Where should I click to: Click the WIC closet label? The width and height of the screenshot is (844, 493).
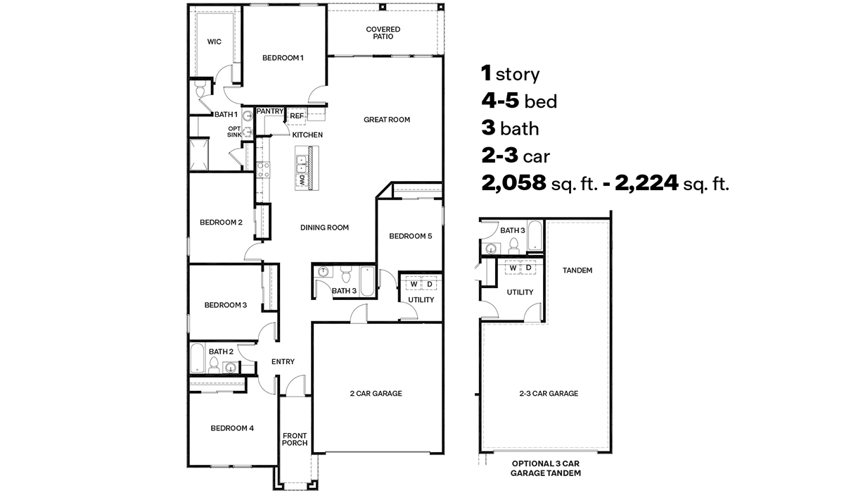click(214, 42)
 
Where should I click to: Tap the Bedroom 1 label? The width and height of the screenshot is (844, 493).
click(283, 58)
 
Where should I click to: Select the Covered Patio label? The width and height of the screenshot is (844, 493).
click(383, 33)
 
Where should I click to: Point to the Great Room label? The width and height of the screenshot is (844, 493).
click(386, 120)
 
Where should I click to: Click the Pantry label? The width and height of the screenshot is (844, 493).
click(269, 111)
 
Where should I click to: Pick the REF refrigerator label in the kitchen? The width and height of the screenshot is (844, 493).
click(297, 116)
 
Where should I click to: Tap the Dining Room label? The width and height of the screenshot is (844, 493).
click(324, 227)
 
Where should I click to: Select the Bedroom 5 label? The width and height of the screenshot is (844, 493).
click(410, 237)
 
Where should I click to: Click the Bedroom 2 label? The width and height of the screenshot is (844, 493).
click(221, 223)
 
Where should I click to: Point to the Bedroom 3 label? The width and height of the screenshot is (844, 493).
click(225, 305)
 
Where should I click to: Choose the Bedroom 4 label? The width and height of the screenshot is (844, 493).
click(231, 428)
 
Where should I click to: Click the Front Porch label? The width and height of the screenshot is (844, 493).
click(295, 439)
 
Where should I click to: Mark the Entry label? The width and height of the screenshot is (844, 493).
click(283, 362)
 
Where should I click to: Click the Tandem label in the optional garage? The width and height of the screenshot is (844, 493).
click(577, 270)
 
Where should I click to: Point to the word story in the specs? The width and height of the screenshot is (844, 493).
click(517, 74)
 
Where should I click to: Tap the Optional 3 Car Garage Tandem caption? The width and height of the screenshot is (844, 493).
click(546, 468)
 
